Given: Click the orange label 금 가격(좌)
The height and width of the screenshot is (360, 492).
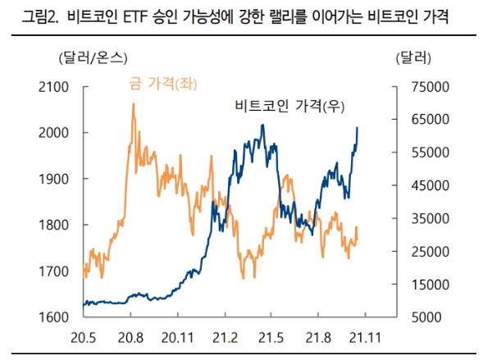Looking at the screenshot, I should (164, 84).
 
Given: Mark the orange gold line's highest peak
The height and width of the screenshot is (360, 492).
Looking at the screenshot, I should (133, 104).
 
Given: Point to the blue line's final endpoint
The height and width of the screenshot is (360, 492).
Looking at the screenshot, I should (357, 128).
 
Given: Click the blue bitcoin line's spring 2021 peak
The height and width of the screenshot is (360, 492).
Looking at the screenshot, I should (262, 125).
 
